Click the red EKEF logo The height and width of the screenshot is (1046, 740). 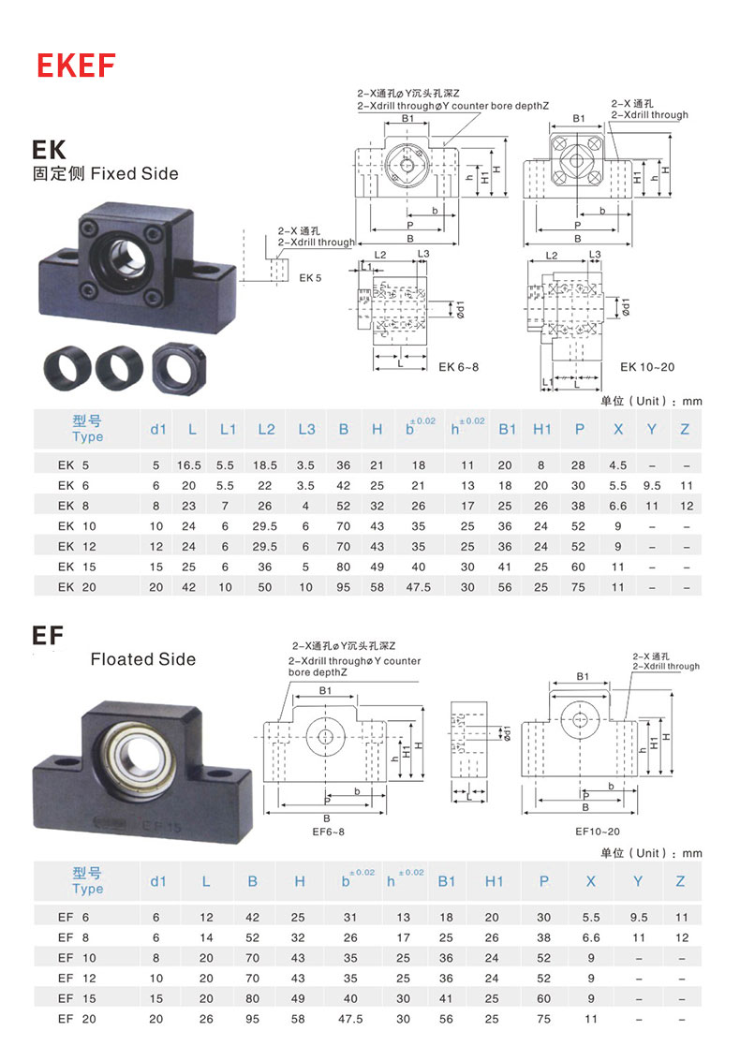coord(76,65)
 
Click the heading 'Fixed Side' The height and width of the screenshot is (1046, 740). coord(134,173)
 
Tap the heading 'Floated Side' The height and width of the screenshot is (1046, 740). coord(143,659)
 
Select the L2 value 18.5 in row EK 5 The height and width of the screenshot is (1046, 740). coord(265,465)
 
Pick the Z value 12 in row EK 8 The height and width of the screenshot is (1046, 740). coord(686,506)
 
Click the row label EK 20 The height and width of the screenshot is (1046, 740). coord(66,587)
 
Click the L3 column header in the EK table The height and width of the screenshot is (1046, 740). coord(305,429)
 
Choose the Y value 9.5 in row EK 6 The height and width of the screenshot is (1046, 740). coord(651,486)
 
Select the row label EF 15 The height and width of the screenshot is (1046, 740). coord(66,998)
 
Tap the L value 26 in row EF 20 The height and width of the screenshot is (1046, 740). coord(206,1019)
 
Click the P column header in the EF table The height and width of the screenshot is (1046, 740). coord(544,881)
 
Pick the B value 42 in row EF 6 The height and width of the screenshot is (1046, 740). coord(253,917)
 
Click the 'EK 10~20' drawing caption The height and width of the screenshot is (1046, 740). coord(647,366)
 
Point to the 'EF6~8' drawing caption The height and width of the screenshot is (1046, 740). coord(328,832)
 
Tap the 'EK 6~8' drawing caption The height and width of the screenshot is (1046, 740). coord(459,366)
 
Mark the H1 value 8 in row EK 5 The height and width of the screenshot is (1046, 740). coord(542,465)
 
